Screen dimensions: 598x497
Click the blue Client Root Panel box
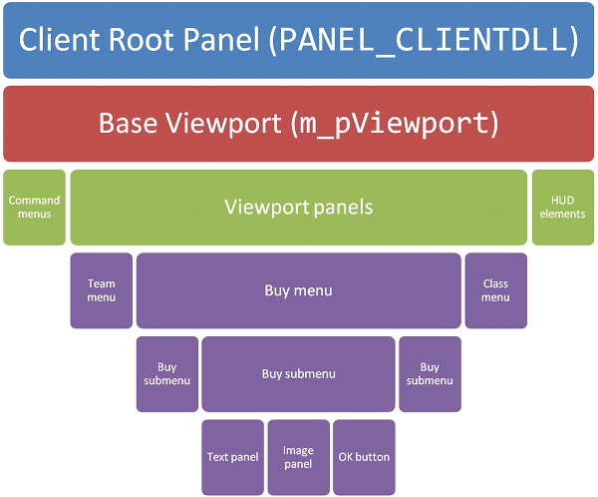[x=299, y=40]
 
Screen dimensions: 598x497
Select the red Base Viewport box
[x=299, y=124]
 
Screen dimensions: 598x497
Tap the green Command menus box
[x=34, y=208]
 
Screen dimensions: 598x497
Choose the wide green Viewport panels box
[x=299, y=208]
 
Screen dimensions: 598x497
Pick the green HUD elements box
[x=563, y=208]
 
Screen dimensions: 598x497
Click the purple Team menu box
[x=102, y=290]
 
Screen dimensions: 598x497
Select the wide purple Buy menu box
[x=299, y=290]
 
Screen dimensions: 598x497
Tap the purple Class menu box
[x=496, y=290]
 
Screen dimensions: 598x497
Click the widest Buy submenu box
[x=299, y=374]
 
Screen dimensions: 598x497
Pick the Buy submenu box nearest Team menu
[x=167, y=374]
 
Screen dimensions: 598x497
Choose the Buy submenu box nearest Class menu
[x=431, y=374]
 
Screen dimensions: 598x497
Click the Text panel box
[x=232, y=457]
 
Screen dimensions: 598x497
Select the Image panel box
[x=299, y=457]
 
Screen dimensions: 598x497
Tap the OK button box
[x=364, y=457]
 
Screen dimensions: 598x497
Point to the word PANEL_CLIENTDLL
[x=426, y=41]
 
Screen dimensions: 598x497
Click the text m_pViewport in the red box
[x=393, y=124]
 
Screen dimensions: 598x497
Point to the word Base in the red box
[x=128, y=123]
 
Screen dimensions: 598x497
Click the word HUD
[x=562, y=201]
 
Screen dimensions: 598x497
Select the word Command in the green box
[x=34, y=201]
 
